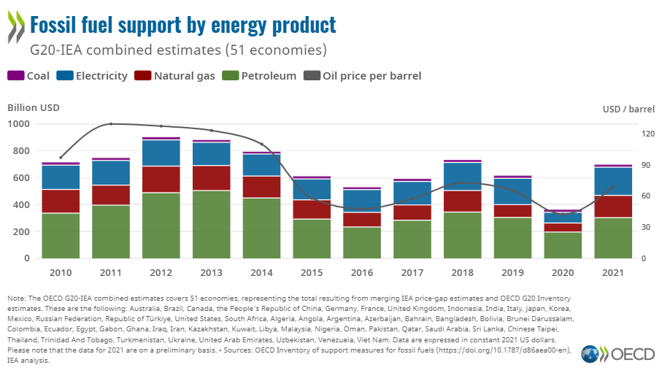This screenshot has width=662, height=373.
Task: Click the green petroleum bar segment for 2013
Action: [x=211, y=224]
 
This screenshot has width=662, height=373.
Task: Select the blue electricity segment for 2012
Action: [x=161, y=153]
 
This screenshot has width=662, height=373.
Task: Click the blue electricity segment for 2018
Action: [x=463, y=176]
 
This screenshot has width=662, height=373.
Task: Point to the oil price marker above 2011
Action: [x=111, y=123]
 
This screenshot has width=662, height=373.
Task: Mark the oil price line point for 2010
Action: [x=61, y=157]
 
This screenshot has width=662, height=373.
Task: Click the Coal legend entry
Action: [x=28, y=76]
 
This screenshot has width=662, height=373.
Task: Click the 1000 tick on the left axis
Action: [x=19, y=124]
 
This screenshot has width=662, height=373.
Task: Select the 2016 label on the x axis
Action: [x=362, y=272]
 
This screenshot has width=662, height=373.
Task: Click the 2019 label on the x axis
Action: [x=512, y=272]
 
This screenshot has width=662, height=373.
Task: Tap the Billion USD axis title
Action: [x=34, y=107]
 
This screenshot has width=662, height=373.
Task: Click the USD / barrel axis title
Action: [x=628, y=109]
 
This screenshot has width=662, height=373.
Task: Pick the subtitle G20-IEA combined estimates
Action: [x=177, y=50]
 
